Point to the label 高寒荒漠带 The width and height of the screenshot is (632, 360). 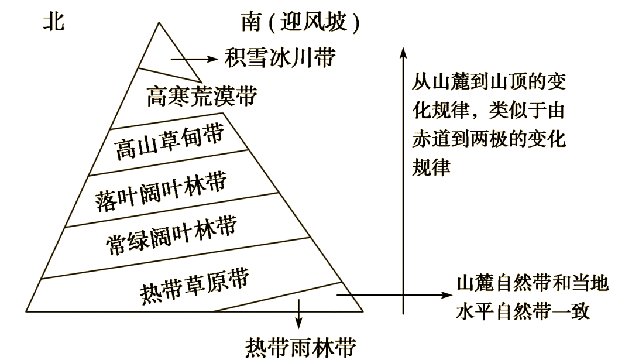click(x=201, y=95)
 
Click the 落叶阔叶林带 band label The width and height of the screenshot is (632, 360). click(x=160, y=191)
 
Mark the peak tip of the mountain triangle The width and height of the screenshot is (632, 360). click(x=159, y=23)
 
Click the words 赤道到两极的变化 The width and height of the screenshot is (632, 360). click(x=489, y=140)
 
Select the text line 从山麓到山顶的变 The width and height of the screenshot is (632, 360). click(x=489, y=82)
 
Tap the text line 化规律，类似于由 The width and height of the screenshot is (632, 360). click(x=489, y=111)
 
